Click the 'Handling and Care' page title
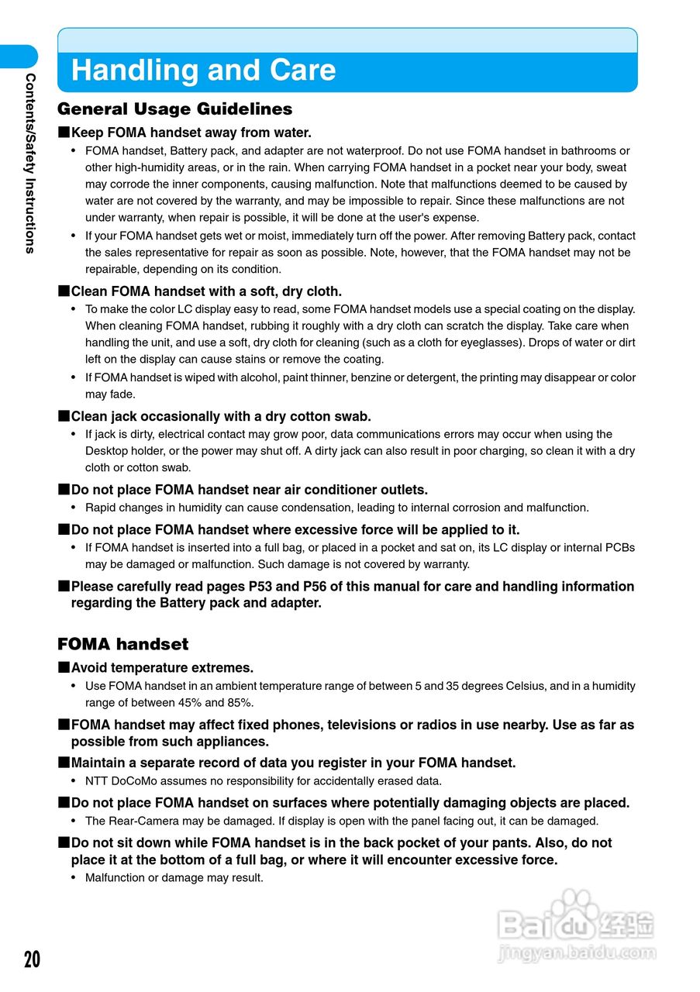coord(203,71)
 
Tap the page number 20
coord(32,959)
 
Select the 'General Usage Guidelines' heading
coord(174,109)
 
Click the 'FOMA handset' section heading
coord(122,644)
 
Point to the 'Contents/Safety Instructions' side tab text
coord(30,163)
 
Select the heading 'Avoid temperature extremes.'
coord(161,667)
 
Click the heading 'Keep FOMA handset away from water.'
coord(191,133)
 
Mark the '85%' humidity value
coord(238,703)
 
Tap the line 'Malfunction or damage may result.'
coord(174,878)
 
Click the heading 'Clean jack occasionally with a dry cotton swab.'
coord(221,416)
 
